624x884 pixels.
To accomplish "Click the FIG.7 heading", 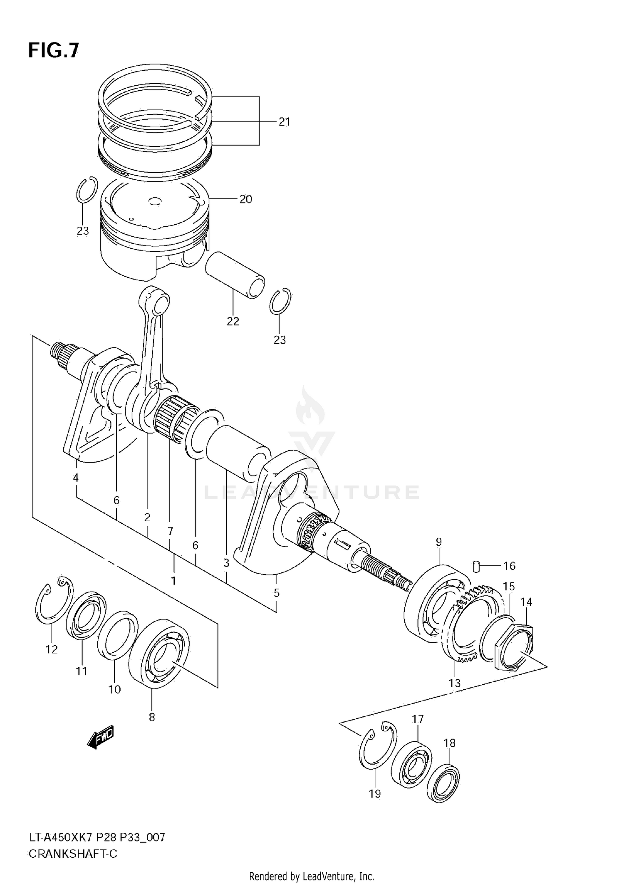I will click(53, 50).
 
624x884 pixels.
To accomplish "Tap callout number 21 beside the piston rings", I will click(284, 122).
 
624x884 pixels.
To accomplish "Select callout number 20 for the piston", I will click(245, 199).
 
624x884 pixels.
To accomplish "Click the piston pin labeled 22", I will click(235, 275).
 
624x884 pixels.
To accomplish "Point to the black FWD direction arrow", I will click(100, 738).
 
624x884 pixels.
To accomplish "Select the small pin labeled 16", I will click(477, 566).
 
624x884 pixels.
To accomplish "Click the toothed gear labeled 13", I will click(462, 624).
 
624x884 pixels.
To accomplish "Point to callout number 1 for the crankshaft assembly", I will click(173, 580).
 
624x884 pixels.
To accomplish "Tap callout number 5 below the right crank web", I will click(277, 592).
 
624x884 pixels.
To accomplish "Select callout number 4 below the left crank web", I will click(76, 478).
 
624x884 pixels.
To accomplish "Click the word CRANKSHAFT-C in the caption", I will click(73, 854).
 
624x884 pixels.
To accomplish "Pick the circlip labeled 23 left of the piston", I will click(87, 190).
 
